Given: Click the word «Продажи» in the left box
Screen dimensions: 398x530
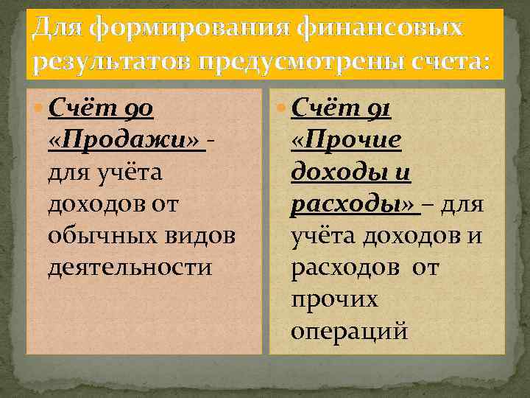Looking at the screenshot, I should point(126,141).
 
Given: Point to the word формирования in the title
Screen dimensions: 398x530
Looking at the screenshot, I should point(174,29).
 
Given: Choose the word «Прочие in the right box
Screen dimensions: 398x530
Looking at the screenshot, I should point(346,141).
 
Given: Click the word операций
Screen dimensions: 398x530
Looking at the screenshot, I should point(349,331).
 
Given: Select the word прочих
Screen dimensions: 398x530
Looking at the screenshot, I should point(334,299).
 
